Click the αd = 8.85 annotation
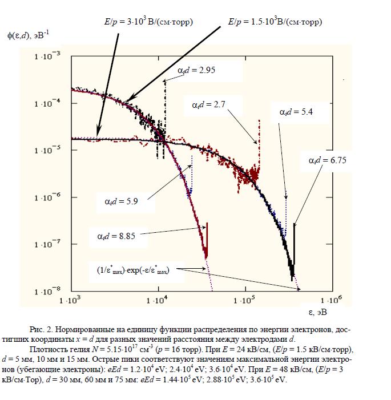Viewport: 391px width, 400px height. click(115, 236)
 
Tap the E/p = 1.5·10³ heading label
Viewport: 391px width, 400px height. click(275, 22)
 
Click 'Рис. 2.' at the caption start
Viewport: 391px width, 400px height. click(41, 330)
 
